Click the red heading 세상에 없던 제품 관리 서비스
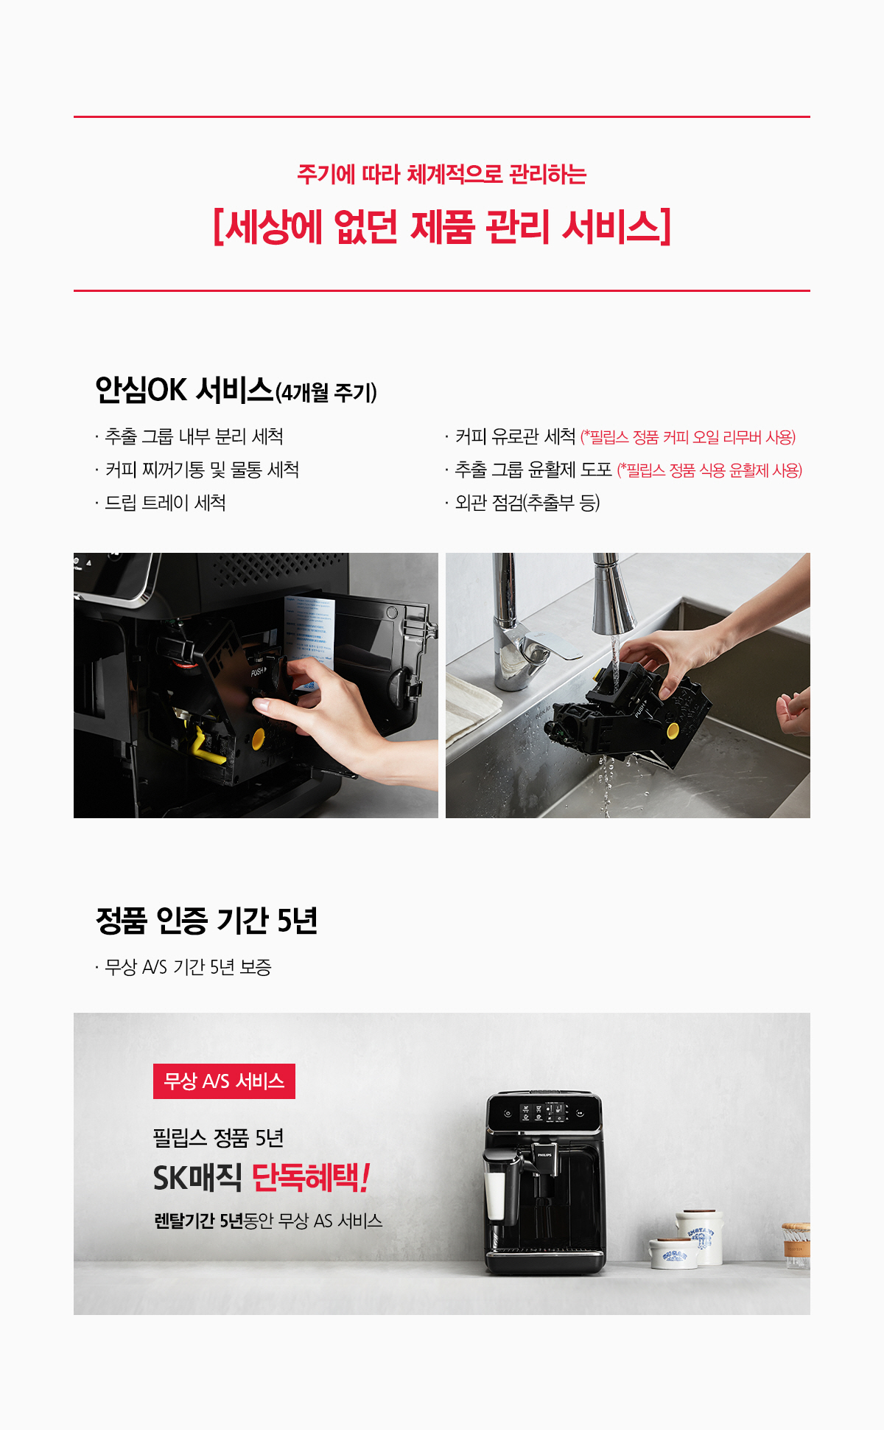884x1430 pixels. pos(442,226)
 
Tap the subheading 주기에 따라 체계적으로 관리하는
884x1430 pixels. pos(442,175)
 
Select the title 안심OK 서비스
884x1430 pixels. pos(184,389)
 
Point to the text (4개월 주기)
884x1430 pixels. pos(326,392)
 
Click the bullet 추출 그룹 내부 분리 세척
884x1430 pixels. pos(194,436)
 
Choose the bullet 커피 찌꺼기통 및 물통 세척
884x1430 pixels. pos(202,470)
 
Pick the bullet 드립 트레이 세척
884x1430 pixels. pos(166,503)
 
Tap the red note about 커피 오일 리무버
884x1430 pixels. pos(688,437)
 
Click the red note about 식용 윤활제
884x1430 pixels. pos(709,470)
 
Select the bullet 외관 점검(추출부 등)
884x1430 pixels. pos(527,503)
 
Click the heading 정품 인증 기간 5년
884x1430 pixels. pos(206,920)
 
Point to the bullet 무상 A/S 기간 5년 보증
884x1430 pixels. pos(188,967)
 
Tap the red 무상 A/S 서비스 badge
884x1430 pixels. pos(224,1081)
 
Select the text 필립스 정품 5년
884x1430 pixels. pos(218,1138)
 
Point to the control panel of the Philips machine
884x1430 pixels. pos(544,1113)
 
